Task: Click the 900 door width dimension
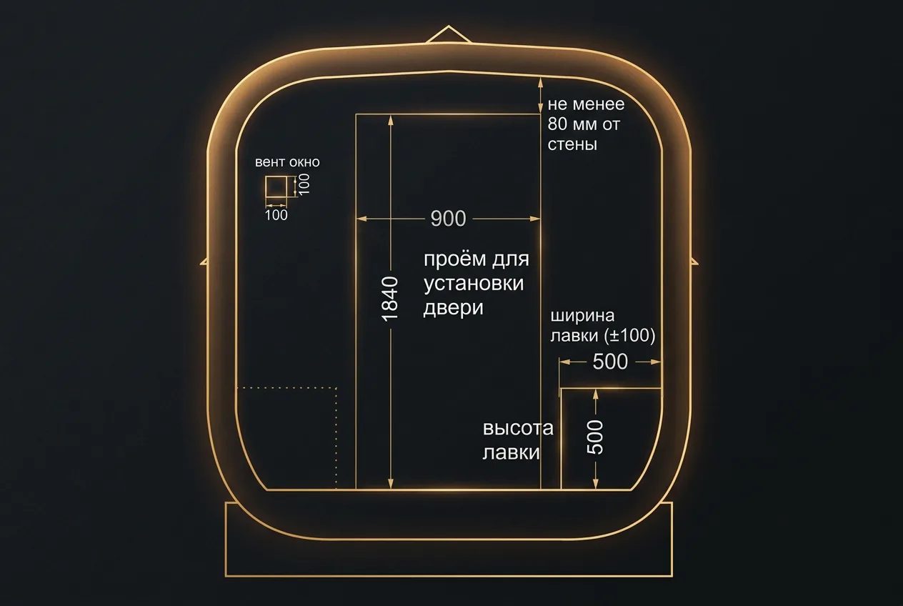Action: [448, 219]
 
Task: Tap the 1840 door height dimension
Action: [390, 299]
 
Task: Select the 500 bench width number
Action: [610, 362]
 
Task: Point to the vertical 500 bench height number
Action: [595, 437]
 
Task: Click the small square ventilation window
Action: [276, 187]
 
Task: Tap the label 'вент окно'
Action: [287, 162]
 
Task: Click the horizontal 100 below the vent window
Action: [276, 215]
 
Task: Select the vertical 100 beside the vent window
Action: [305, 184]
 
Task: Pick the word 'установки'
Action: [474, 283]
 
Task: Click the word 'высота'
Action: [518, 428]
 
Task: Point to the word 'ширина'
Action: [582, 316]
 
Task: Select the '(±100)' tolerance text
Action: [629, 336]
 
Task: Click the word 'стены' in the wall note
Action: [572, 145]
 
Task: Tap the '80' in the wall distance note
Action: [557, 124]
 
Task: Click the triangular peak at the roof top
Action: [448, 34]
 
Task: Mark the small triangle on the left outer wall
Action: [204, 262]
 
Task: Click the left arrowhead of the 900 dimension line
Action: [361, 219]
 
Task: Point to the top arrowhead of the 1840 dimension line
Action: [390, 120]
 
